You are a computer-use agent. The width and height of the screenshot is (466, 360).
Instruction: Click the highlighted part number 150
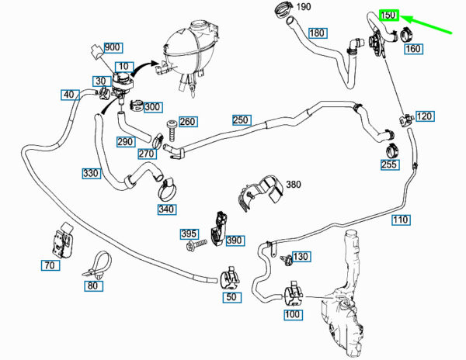(388, 15)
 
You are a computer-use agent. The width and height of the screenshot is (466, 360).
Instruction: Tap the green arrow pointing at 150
(426, 24)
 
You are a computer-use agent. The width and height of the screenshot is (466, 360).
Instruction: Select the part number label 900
(113, 47)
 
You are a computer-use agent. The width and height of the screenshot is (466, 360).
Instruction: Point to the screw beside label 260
(172, 130)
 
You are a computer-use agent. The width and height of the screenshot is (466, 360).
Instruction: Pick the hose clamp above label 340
(168, 189)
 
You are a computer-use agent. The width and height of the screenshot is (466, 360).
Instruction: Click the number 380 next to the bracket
(294, 185)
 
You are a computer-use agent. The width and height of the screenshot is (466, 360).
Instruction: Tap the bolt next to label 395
(196, 244)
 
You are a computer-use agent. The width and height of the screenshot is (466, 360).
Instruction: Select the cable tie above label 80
(98, 265)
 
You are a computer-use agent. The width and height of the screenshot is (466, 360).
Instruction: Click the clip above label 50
(230, 279)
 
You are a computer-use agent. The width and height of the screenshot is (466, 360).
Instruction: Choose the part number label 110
(401, 220)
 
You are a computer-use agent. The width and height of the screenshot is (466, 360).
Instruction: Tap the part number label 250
(242, 120)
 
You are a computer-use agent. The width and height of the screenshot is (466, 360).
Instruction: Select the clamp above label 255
(392, 151)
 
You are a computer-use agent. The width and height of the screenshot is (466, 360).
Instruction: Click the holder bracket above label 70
(63, 240)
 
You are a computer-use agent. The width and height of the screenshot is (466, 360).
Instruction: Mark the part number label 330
(91, 173)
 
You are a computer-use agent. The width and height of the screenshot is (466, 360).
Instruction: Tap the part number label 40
(70, 95)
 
